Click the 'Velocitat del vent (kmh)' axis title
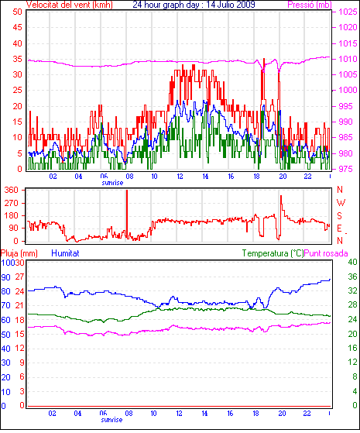click(x=70, y=5)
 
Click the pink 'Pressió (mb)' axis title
click(x=310, y=5)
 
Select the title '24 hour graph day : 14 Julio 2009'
click(x=194, y=5)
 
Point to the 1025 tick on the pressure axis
click(x=348, y=12)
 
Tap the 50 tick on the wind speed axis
click(x=17, y=12)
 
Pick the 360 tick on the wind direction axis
click(x=12, y=190)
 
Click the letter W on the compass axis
click(x=341, y=203)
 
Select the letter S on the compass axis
click(x=339, y=215)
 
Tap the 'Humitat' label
click(x=65, y=253)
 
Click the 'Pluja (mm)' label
click(x=19, y=253)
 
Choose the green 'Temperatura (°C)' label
click(x=273, y=253)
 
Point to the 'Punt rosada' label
click(x=326, y=253)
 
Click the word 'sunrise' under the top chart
click(x=112, y=183)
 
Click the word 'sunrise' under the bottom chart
click(x=111, y=420)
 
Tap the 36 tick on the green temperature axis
click(x=352, y=277)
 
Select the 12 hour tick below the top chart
click(x=180, y=176)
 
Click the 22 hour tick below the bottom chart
click(x=307, y=414)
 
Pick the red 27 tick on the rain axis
click(x=19, y=277)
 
